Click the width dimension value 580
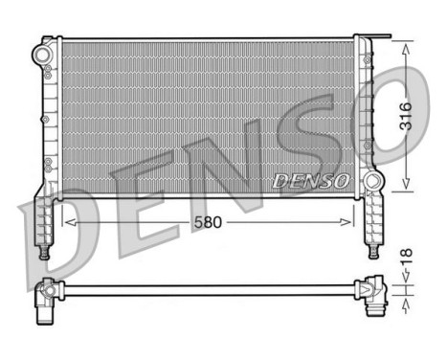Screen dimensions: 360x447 [x=208, y=221]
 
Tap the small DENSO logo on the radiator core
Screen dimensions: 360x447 [x=312, y=179]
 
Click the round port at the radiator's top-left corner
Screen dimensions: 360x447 [x=44, y=55]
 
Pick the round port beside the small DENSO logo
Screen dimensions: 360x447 [x=369, y=179]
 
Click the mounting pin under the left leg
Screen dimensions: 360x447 [x=44, y=253]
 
